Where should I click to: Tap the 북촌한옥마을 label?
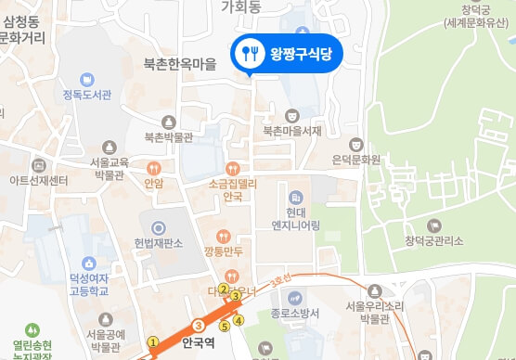click(x=180, y=65)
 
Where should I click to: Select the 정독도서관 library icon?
click(x=86, y=80)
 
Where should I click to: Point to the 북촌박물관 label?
click(x=168, y=136)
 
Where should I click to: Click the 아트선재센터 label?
click(x=39, y=179)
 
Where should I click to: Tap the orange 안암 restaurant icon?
click(x=154, y=168)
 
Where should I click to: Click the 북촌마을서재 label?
click(x=291, y=131)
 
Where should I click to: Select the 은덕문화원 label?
click(x=356, y=159)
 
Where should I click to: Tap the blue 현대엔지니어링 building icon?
click(x=295, y=198)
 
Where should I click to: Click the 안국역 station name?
click(x=200, y=341)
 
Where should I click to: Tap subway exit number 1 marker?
click(x=153, y=341)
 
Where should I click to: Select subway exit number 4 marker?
click(x=239, y=321)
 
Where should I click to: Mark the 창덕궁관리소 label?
click(x=433, y=241)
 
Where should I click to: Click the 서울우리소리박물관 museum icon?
click(x=374, y=291)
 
